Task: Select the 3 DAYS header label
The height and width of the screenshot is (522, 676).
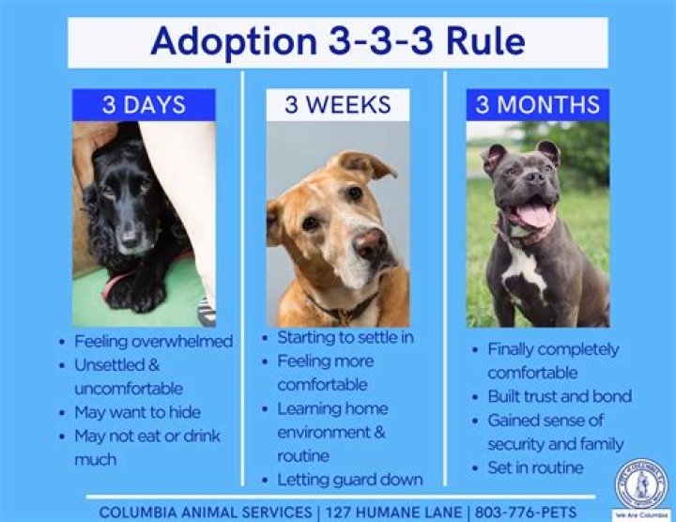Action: coord(143,104)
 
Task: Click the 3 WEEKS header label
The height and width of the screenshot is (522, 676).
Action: coord(337,104)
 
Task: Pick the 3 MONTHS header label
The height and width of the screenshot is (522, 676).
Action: coord(537,104)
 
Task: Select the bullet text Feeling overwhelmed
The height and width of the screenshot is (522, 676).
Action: coord(152,341)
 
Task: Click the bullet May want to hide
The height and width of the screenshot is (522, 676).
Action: coord(137,411)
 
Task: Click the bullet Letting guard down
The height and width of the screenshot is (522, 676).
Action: coord(349,479)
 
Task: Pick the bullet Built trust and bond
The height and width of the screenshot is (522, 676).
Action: coord(560,396)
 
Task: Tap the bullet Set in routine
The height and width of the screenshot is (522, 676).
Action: coord(535,468)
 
